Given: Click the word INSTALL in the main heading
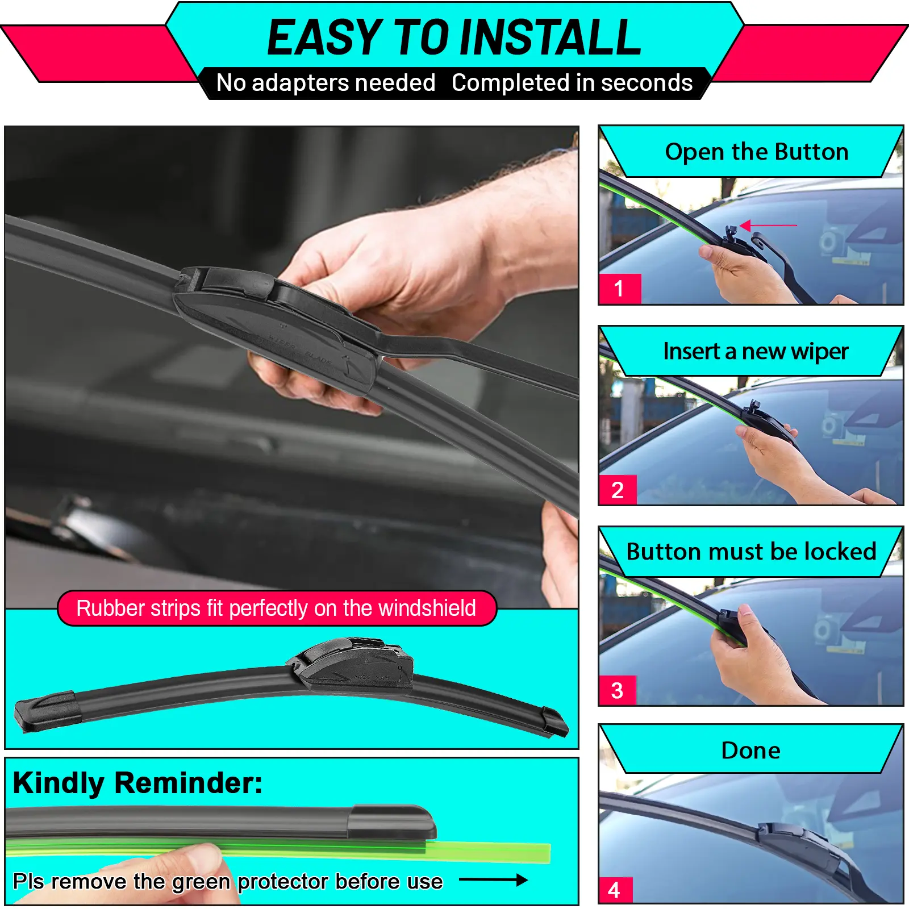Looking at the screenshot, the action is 551,37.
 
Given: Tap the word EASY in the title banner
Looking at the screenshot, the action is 325,37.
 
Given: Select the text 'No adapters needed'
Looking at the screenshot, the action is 326,83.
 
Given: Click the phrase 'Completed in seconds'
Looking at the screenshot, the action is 572,83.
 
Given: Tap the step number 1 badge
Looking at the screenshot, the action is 620,289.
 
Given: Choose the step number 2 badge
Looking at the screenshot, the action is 618,490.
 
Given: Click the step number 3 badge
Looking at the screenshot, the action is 618,690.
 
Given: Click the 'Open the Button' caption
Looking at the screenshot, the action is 757,152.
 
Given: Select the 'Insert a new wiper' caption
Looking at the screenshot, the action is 756,352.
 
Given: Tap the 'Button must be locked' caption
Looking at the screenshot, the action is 751,552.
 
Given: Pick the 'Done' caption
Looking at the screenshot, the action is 750,750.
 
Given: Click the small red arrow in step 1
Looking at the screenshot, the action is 768,226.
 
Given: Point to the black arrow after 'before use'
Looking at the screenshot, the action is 493,880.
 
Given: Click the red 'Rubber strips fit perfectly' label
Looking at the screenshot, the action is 277,608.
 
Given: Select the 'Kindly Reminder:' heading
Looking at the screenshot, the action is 137,783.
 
